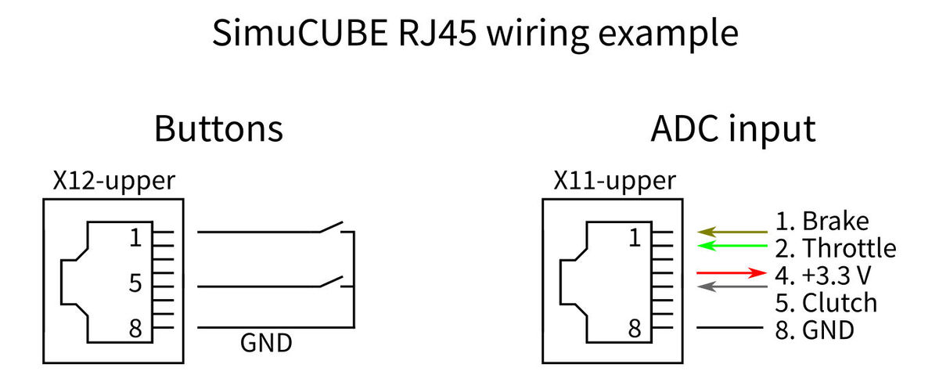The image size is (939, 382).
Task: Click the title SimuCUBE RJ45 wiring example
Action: pos(475,34)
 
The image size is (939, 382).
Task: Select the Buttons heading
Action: pos(218,128)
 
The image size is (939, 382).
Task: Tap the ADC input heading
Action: pos(732,128)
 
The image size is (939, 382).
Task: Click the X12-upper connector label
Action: pos(113,182)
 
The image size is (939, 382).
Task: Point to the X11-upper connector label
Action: pos(614,182)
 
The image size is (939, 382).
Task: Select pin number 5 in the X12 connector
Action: pos(136,282)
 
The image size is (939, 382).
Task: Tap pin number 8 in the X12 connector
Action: pos(136,328)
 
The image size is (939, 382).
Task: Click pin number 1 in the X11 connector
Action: pos(636,237)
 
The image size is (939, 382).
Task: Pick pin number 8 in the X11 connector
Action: pos(636,328)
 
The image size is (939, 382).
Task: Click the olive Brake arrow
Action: pos(732,232)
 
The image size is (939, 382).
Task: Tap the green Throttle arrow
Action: pos(732,247)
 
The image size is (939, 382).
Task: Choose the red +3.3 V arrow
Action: pos(732,273)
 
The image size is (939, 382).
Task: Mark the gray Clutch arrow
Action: pos(732,286)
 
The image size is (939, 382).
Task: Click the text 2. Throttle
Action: pos(836,249)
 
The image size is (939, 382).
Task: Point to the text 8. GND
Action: pos(815,330)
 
